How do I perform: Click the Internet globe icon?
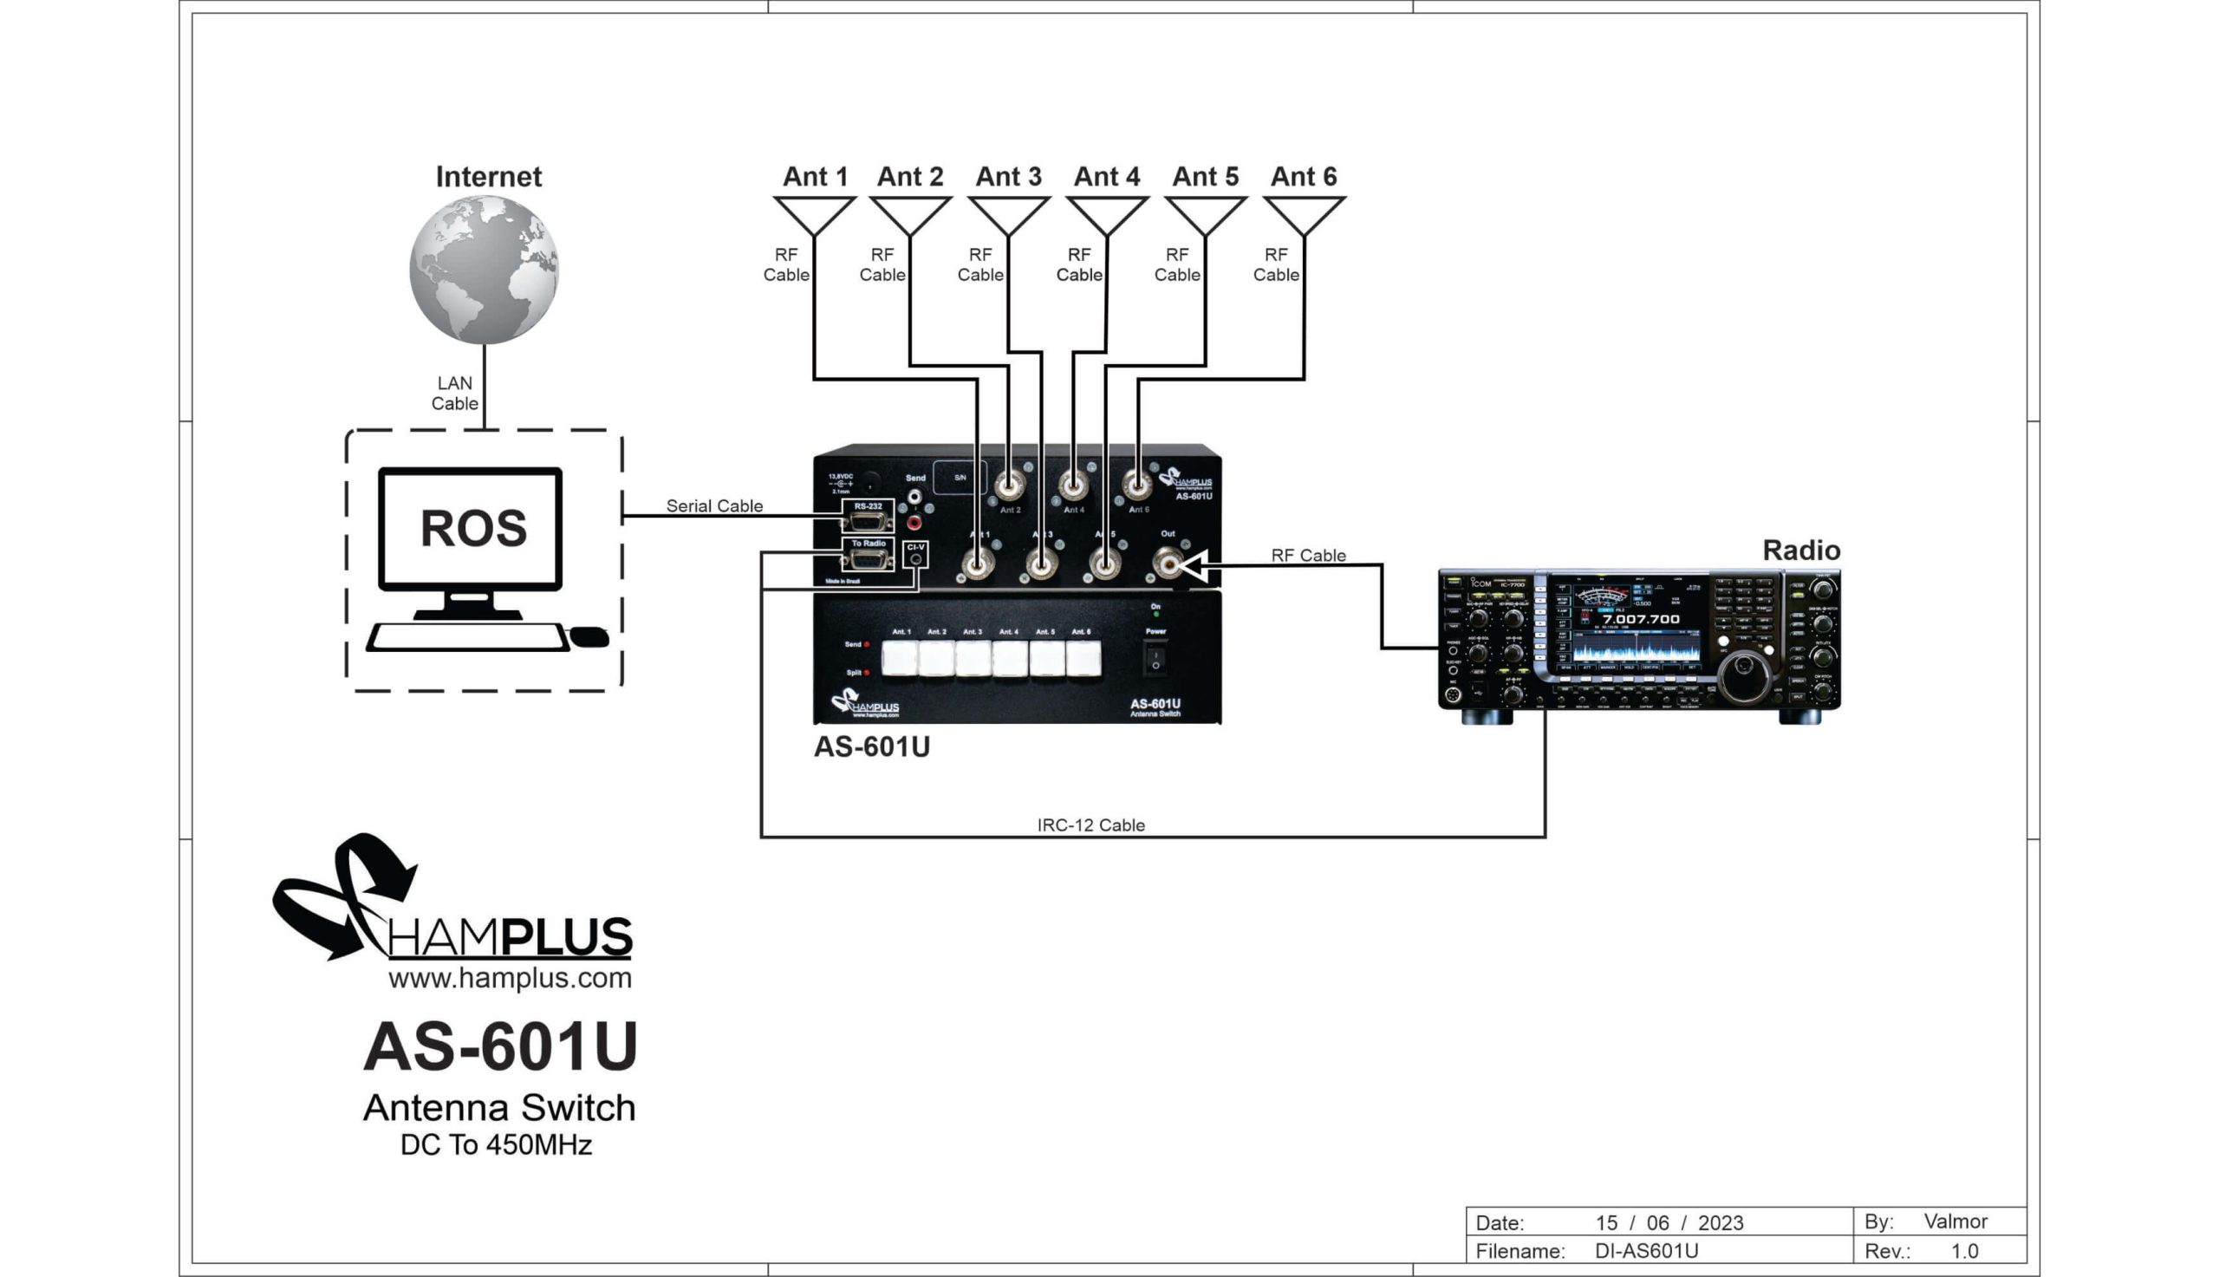(x=484, y=270)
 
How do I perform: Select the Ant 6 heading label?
(x=1304, y=176)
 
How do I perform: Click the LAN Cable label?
(x=454, y=393)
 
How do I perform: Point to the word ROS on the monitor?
(x=473, y=528)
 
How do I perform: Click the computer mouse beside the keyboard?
(x=589, y=636)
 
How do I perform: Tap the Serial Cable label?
(x=713, y=506)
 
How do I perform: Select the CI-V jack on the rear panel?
(x=915, y=557)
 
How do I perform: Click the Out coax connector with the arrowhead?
(x=1168, y=563)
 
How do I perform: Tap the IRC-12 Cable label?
(x=1090, y=825)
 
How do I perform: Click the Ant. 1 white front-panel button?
(x=900, y=658)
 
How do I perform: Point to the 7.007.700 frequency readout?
(x=1640, y=619)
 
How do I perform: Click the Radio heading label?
(x=1801, y=550)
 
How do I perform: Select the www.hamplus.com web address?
(x=510, y=978)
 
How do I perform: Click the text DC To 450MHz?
(x=496, y=1144)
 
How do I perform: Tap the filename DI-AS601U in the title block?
(x=1646, y=1251)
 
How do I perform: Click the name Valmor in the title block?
(x=1955, y=1221)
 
